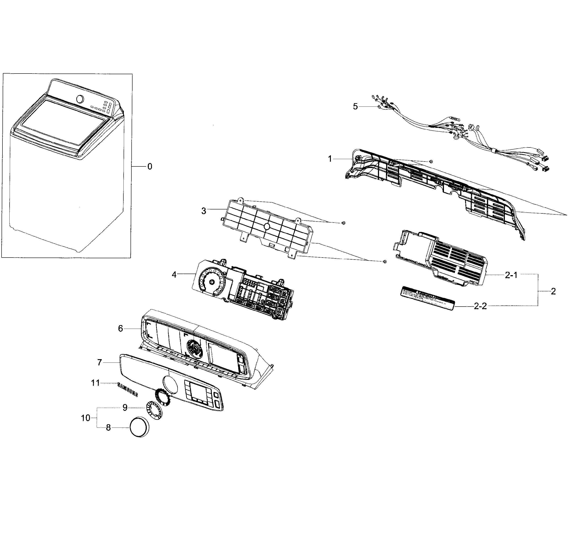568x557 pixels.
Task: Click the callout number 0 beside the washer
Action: tap(150, 166)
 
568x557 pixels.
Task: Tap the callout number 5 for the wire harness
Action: tap(355, 106)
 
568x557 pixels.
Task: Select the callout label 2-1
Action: tap(511, 275)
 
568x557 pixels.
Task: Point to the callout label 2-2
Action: tap(480, 306)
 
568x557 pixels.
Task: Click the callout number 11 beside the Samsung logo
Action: tap(95, 383)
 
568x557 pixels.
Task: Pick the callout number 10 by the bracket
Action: tap(85, 418)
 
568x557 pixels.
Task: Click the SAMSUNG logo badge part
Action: tap(127, 390)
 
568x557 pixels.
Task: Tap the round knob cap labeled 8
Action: tap(140, 427)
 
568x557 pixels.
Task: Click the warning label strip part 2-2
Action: tap(428, 298)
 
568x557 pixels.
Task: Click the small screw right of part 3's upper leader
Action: tap(343, 223)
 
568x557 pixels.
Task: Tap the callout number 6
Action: tap(120, 329)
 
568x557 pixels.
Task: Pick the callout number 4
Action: tap(174, 275)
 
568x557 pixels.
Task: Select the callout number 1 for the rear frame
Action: tap(330, 159)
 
